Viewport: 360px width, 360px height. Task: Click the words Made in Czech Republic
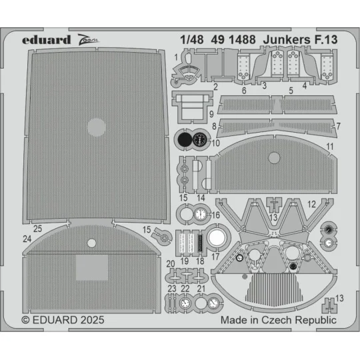click(x=278, y=320)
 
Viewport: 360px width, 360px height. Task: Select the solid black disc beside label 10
click(x=183, y=139)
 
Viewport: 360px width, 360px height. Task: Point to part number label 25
click(x=39, y=229)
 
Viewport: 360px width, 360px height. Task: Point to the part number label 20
click(x=171, y=265)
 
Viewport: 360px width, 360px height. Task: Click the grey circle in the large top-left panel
click(x=97, y=126)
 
